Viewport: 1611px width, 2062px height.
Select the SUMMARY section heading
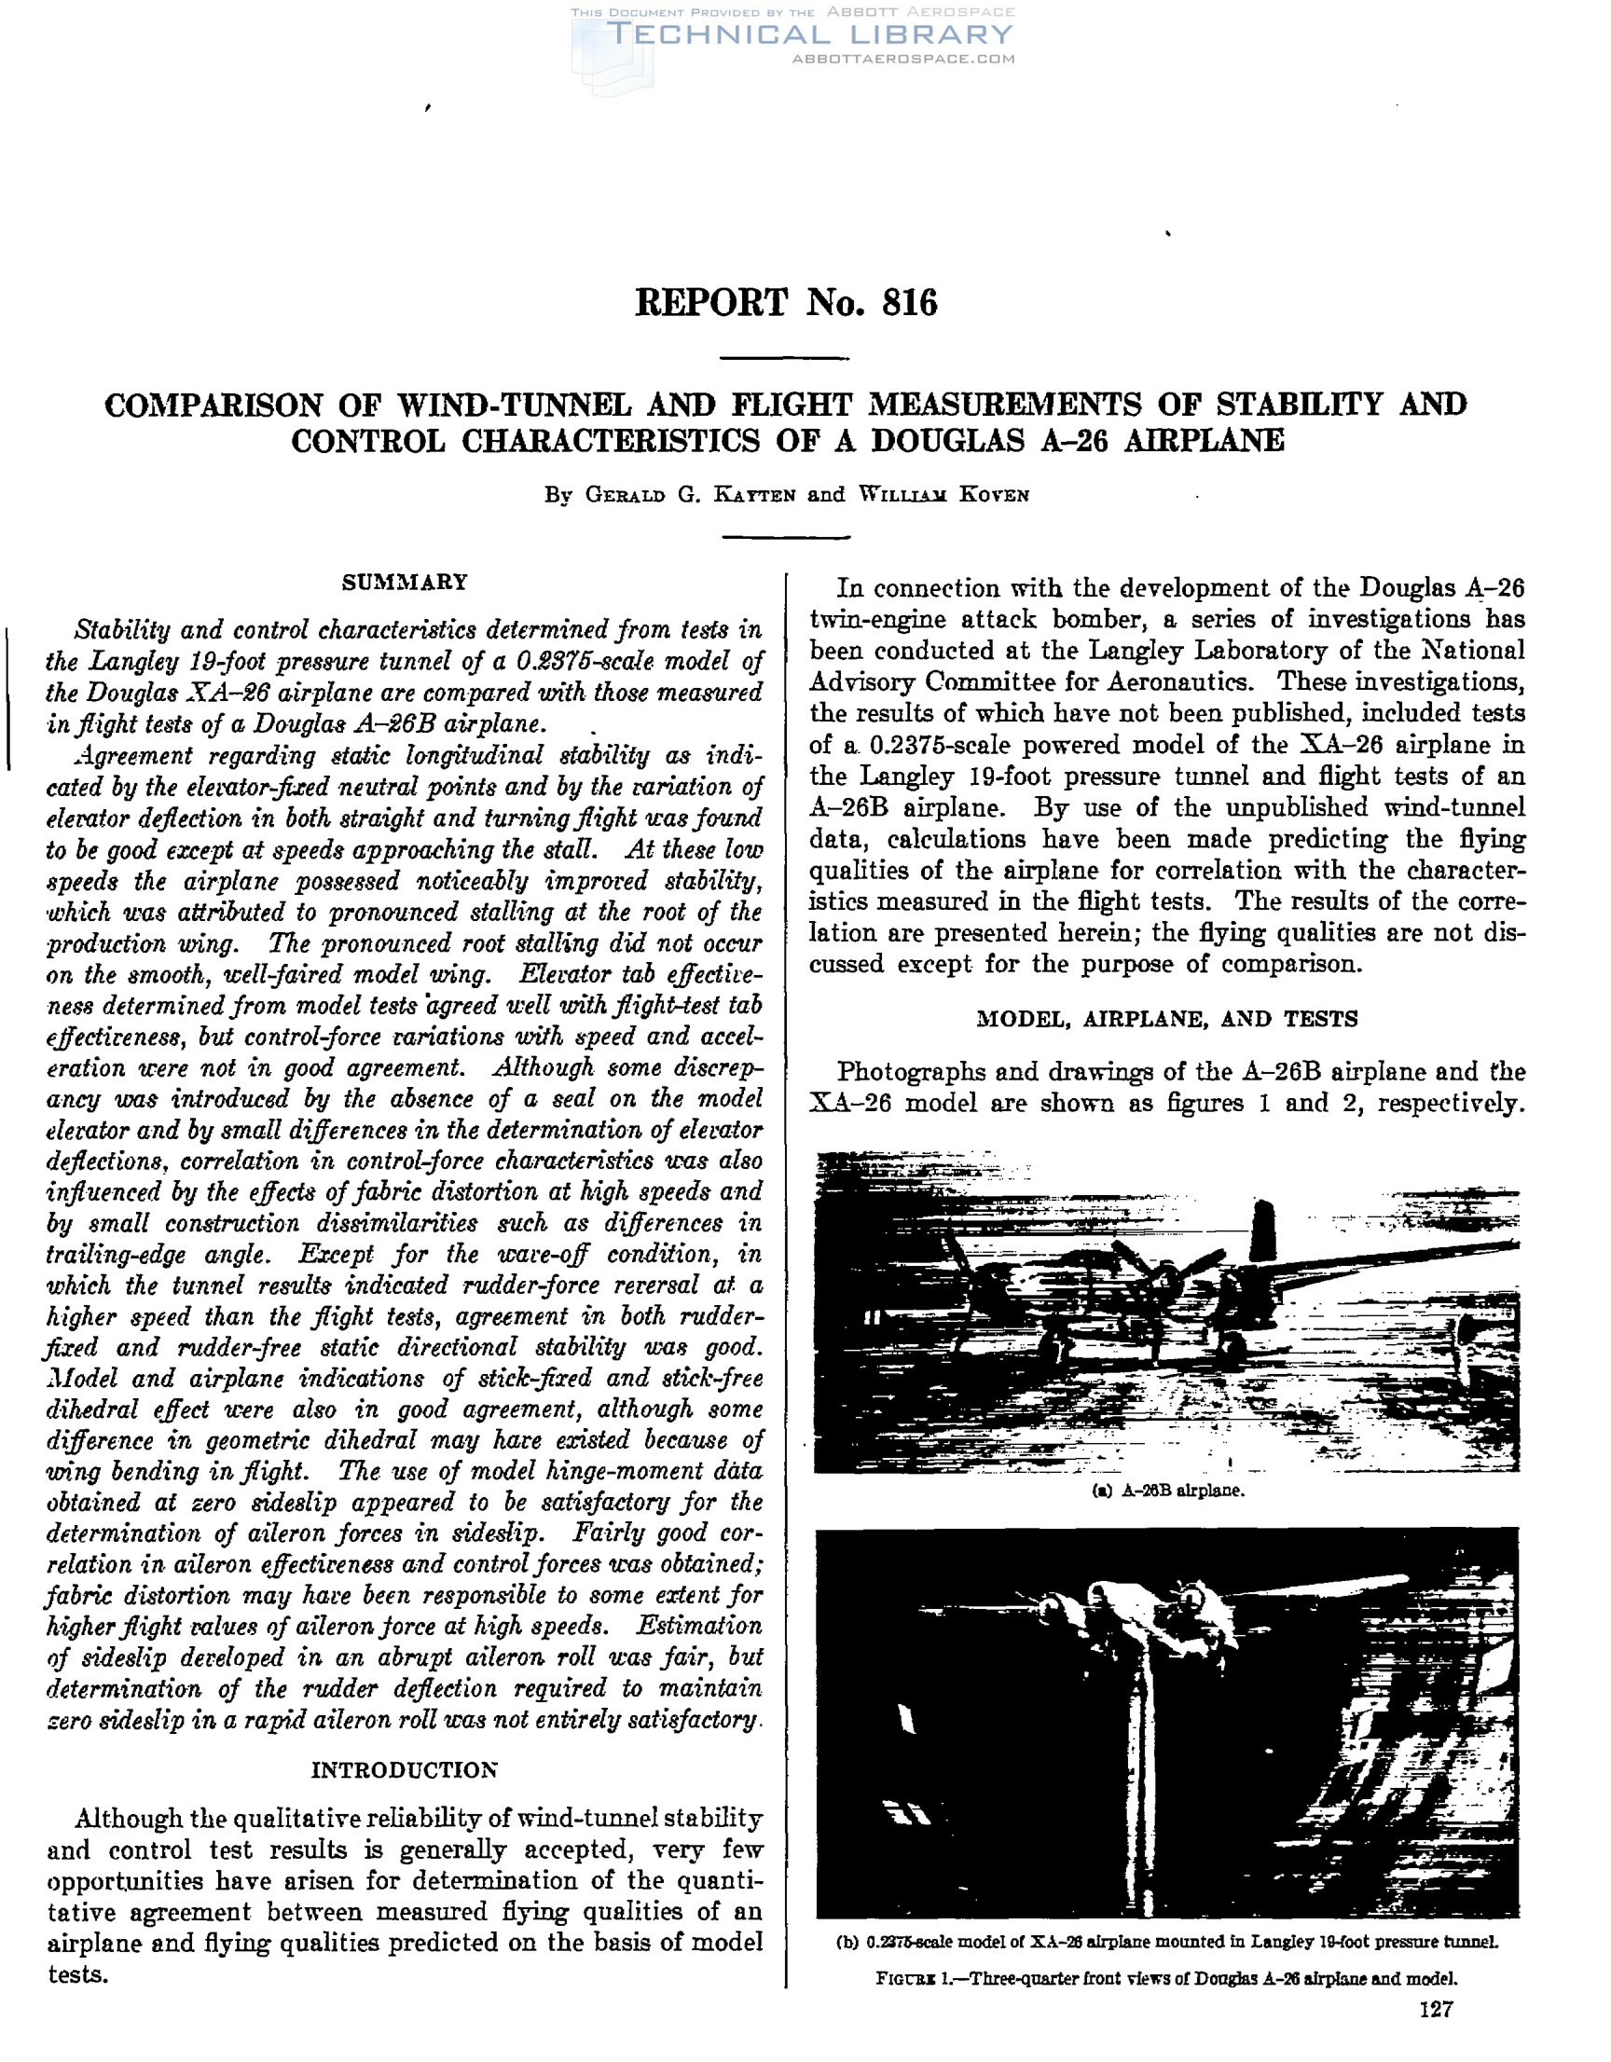405,582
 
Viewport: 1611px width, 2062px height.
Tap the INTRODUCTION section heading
405,1770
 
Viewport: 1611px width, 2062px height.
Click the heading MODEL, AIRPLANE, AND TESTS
1167,1019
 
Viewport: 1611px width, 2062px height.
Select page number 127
1436,2036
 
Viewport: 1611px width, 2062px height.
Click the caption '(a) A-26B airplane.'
1167,1492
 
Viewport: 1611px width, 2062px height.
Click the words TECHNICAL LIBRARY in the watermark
809,34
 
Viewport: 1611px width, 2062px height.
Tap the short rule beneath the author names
785,537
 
